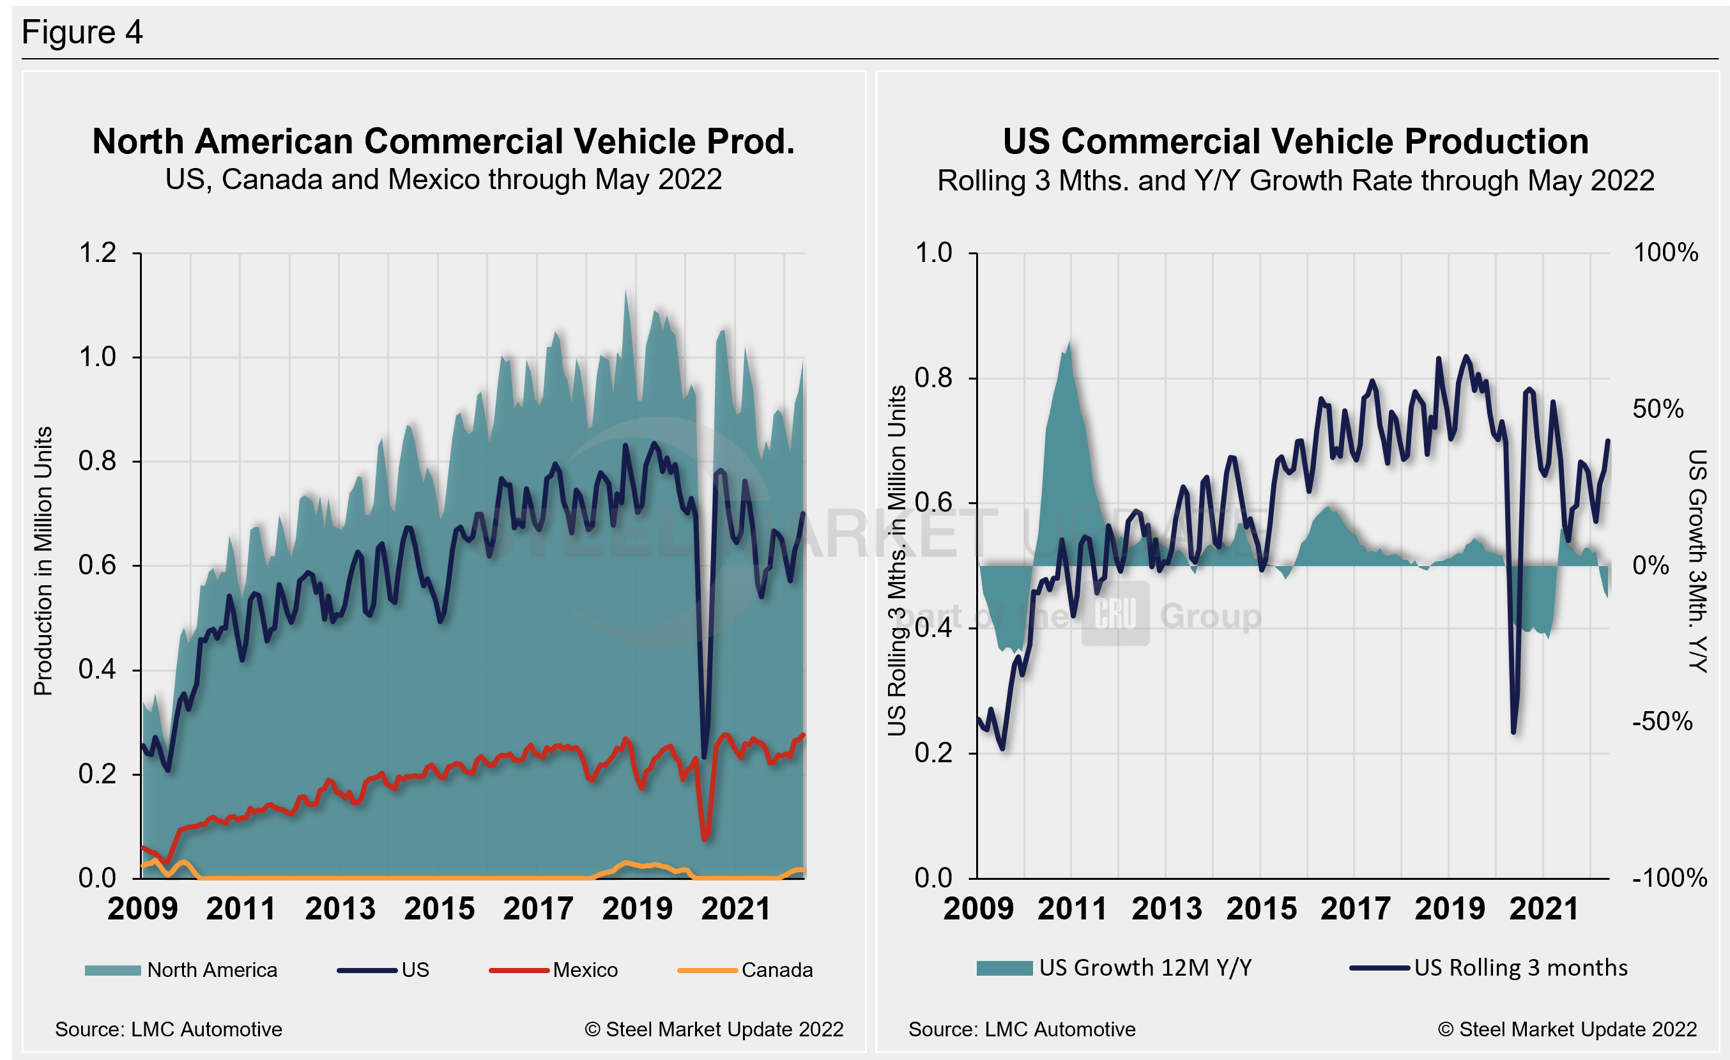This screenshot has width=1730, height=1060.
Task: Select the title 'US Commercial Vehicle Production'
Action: pyautogui.click(x=1296, y=142)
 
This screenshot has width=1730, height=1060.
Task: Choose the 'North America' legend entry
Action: pyautogui.click(x=211, y=970)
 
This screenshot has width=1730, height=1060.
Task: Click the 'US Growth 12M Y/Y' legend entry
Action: pyautogui.click(x=1144, y=968)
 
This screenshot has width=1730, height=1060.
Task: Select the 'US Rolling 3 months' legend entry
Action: pyautogui.click(x=1520, y=968)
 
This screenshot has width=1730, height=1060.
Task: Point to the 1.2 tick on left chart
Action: pyautogui.click(x=98, y=253)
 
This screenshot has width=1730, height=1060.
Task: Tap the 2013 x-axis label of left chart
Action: pyautogui.click(x=341, y=909)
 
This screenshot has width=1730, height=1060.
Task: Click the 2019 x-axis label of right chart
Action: pyautogui.click(x=1450, y=909)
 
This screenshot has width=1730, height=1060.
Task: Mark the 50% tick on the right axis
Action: pyautogui.click(x=1658, y=410)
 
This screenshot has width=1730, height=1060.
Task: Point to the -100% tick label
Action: pyautogui.click(x=1669, y=878)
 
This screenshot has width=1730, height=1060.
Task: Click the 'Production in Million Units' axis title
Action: pyautogui.click(x=43, y=562)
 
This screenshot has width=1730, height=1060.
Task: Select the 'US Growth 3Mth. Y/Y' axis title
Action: pyautogui.click(x=1697, y=562)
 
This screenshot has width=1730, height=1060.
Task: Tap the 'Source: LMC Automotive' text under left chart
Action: pyautogui.click(x=169, y=1029)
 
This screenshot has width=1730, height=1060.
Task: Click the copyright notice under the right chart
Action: pyautogui.click(x=1567, y=1029)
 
